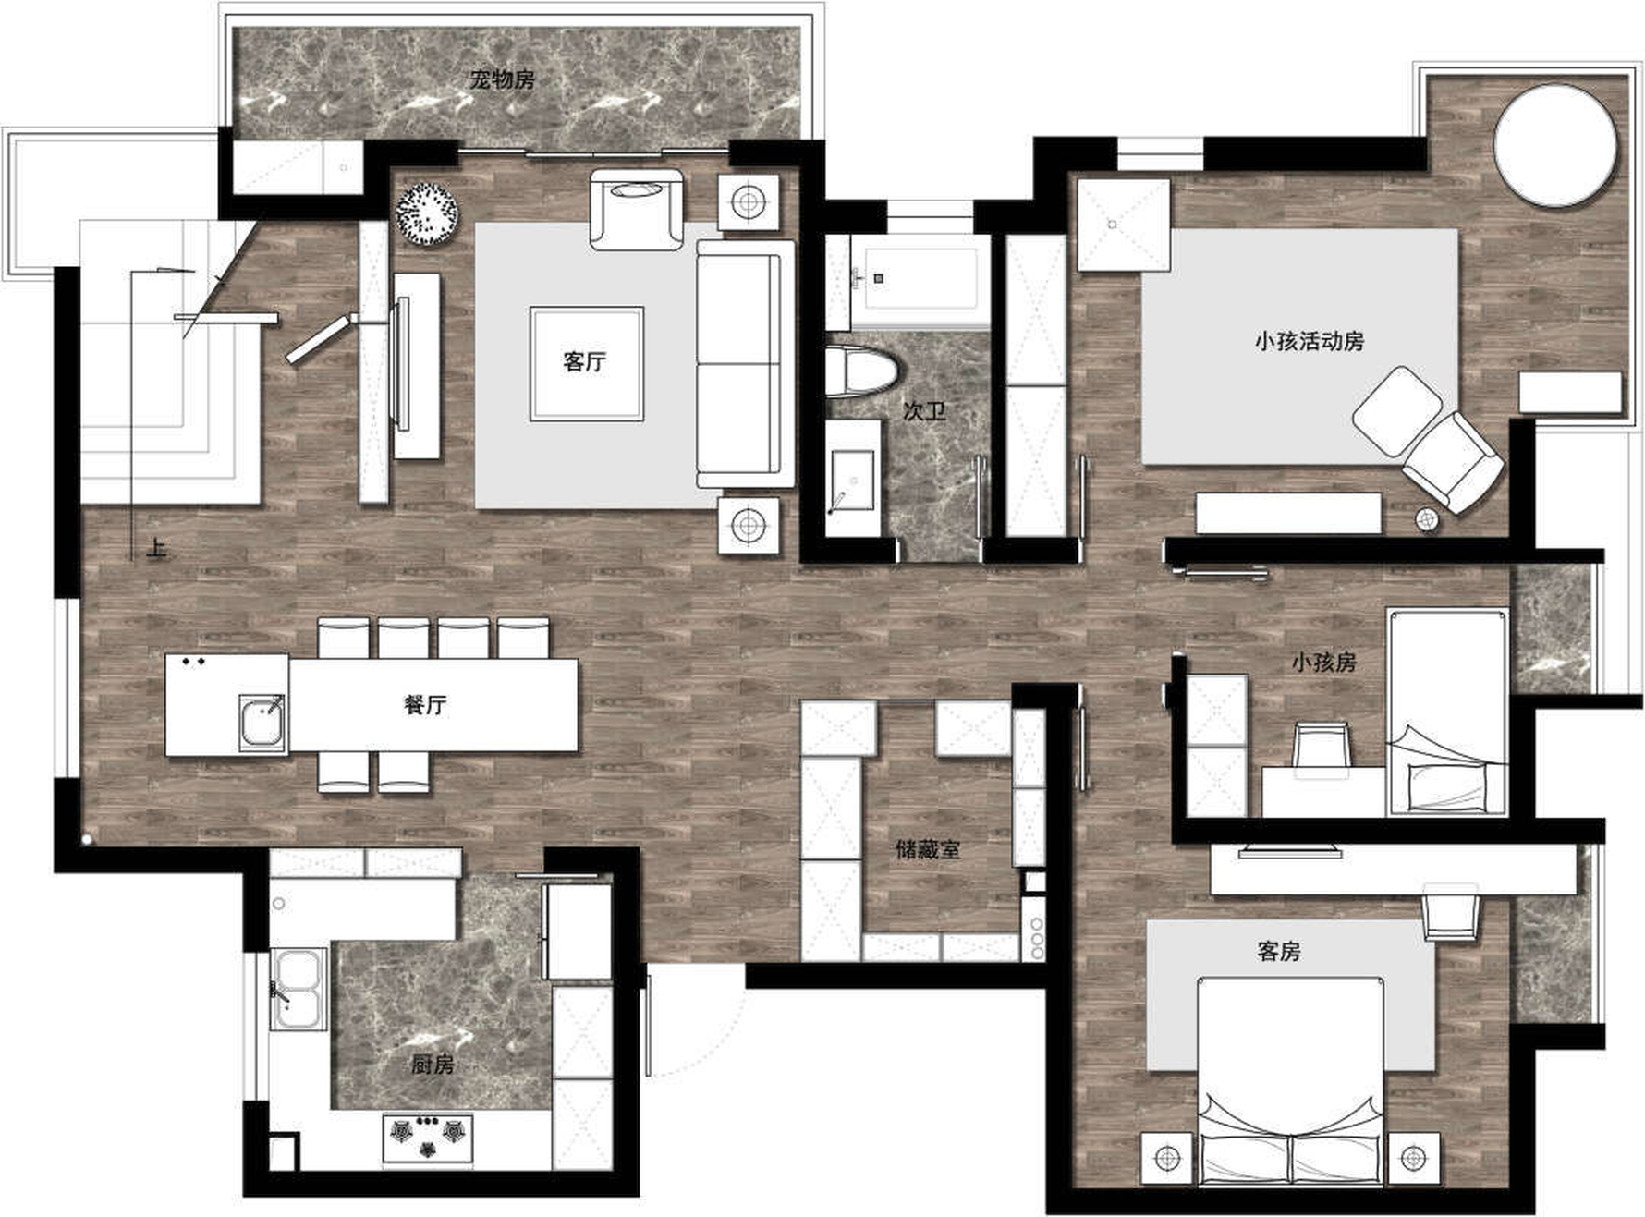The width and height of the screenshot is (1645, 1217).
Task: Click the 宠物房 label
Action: click(x=502, y=79)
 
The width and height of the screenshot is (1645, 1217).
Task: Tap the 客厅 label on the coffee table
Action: click(x=585, y=361)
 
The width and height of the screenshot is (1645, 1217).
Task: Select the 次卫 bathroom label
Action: click(x=924, y=410)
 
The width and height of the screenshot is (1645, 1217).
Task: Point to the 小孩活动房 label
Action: click(x=1309, y=341)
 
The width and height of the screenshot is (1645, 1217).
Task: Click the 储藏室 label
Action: click(x=928, y=849)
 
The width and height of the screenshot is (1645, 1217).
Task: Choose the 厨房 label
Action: click(x=432, y=1065)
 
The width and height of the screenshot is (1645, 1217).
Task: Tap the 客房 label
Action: click(x=1279, y=951)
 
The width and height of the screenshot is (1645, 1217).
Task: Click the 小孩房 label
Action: click(x=1323, y=662)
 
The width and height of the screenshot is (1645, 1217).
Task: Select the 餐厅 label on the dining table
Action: click(x=425, y=705)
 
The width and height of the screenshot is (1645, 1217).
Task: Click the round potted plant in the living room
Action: click(x=426, y=214)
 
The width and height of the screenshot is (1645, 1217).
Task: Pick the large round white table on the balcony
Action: click(x=1555, y=145)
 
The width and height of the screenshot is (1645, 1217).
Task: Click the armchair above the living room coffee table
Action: click(x=637, y=210)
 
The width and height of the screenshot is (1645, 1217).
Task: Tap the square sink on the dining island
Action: click(x=262, y=723)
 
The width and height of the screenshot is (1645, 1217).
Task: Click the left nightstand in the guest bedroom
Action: click(x=1167, y=1158)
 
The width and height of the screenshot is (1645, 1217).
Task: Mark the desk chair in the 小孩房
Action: click(x=1322, y=747)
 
